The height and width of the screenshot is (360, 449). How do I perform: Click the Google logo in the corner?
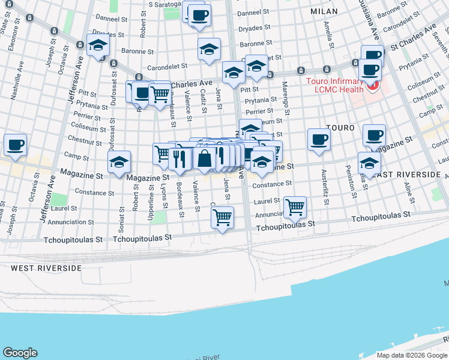click(x=20, y=353)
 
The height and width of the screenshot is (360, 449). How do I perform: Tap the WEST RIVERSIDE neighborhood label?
click(x=46, y=268)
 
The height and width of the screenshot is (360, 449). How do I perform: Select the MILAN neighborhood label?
click(x=324, y=11)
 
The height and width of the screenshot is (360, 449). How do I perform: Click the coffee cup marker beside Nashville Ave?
click(x=15, y=145)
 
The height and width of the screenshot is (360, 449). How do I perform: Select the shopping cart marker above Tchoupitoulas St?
click(x=222, y=217)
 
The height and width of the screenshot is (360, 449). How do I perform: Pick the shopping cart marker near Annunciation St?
click(x=294, y=207)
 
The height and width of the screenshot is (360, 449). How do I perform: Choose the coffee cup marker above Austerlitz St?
click(x=319, y=139)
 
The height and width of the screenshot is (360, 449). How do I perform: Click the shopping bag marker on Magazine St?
click(x=205, y=158)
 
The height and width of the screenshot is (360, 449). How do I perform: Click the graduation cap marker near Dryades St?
click(x=98, y=45)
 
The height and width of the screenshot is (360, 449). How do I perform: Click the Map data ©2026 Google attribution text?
click(x=412, y=355)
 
